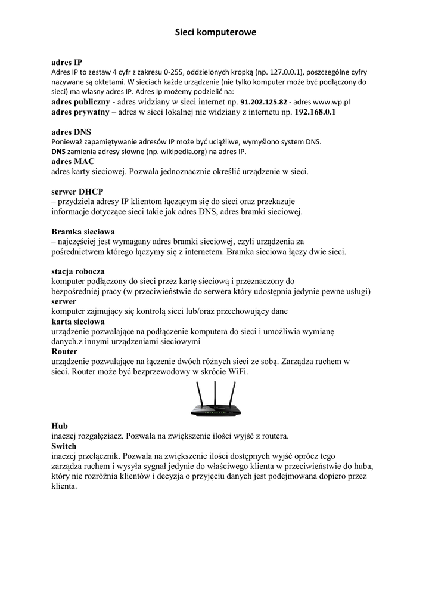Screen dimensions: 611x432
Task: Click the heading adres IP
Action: click(67, 62)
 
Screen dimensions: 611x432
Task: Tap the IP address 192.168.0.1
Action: click(315, 112)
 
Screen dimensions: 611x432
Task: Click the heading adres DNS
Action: click(72, 132)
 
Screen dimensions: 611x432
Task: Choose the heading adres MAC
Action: click(73, 161)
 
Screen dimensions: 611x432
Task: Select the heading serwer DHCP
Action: click(77, 192)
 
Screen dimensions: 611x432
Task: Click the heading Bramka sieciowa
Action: click(83, 231)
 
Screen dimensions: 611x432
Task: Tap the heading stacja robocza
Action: click(78, 271)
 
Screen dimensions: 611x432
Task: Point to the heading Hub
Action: click(60, 426)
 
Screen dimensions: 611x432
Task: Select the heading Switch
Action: click(64, 446)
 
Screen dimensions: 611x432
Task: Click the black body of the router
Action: click(216, 410)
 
